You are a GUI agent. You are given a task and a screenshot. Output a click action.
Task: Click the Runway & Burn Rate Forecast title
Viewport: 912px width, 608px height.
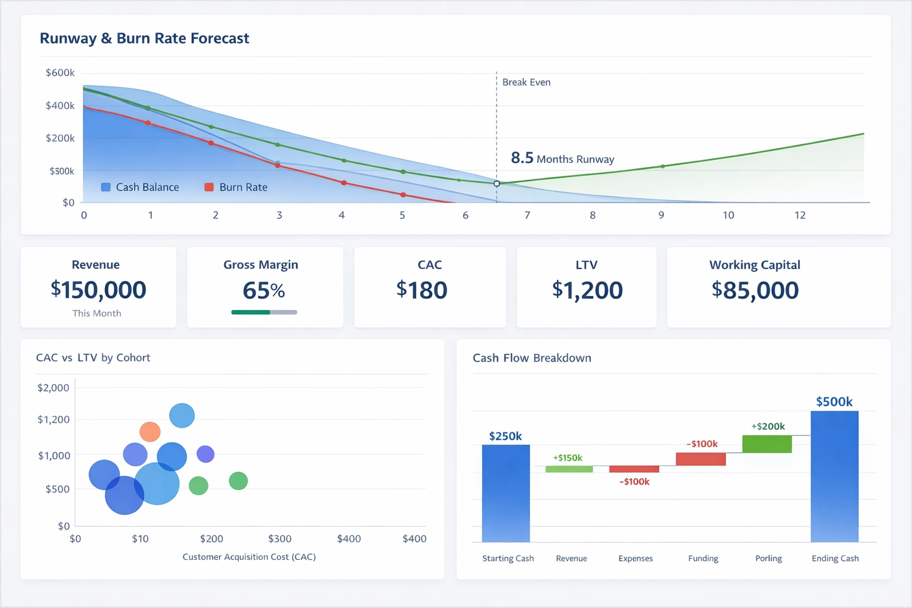(x=144, y=39)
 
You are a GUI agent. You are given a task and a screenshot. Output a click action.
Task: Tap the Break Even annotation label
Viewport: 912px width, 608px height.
(x=526, y=83)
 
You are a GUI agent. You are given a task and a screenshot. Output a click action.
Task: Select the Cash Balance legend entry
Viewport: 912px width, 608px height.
(x=140, y=187)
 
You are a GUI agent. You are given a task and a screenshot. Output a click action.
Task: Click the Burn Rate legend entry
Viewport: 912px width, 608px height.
(x=236, y=187)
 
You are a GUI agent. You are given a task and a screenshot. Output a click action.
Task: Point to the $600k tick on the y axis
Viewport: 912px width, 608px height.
(x=60, y=73)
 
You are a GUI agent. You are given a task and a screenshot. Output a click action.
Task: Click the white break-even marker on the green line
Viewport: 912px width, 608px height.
(x=497, y=183)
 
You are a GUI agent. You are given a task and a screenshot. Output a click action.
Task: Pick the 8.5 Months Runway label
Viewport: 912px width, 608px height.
(x=562, y=159)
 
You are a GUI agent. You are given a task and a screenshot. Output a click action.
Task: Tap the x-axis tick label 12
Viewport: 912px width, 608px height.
(x=800, y=216)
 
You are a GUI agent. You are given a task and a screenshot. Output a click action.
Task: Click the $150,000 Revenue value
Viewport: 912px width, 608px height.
(x=99, y=290)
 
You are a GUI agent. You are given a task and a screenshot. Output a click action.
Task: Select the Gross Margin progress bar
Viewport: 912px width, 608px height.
(x=264, y=312)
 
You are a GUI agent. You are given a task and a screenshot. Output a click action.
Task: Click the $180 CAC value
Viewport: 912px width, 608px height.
(x=422, y=290)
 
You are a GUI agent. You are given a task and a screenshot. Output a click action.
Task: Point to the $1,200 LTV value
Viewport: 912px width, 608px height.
(x=587, y=290)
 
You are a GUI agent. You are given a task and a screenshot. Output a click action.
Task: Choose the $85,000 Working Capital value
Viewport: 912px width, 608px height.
(x=755, y=290)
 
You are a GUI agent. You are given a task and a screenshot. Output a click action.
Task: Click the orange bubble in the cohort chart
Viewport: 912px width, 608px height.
(x=150, y=432)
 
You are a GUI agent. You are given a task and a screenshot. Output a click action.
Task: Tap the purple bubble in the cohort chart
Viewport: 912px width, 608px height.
(x=205, y=454)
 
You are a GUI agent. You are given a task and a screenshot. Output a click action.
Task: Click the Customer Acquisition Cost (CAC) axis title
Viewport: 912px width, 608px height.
(x=249, y=557)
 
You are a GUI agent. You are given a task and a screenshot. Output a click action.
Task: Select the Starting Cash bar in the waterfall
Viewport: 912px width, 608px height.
(x=506, y=493)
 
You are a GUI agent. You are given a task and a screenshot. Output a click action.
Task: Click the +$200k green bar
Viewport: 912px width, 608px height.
(x=767, y=444)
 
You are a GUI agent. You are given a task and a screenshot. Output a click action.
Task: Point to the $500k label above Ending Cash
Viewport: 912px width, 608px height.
(x=834, y=402)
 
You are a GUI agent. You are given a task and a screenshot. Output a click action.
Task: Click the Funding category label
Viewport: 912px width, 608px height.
(x=703, y=559)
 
